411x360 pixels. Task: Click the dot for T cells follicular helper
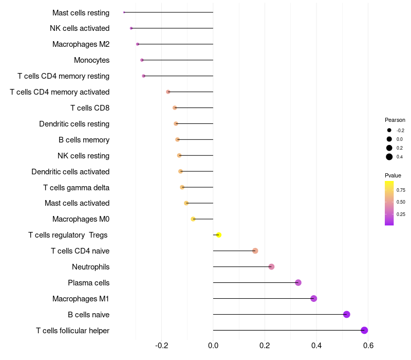[364, 330]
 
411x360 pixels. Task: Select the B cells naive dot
[346, 314]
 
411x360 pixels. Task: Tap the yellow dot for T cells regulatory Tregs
[219, 235]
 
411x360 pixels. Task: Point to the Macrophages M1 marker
[313, 298]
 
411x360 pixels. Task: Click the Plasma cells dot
[298, 282]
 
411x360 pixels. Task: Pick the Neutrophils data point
[271, 266]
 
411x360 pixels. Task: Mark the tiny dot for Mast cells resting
[124, 12]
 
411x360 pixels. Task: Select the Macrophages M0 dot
[193, 219]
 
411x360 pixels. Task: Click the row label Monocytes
[91, 60]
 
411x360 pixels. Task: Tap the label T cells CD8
[89, 108]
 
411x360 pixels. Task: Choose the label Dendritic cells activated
[70, 172]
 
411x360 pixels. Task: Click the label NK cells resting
[83, 156]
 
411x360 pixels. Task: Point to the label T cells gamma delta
[76, 188]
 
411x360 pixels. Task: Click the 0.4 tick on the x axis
[316, 345]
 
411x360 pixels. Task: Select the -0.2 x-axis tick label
[162, 345]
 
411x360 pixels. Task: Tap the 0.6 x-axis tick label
[368, 345]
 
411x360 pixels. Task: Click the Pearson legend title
[395, 120]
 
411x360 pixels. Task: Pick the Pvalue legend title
[393, 175]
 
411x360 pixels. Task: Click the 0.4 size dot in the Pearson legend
[389, 157]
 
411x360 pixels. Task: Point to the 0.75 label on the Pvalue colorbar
[401, 190]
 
